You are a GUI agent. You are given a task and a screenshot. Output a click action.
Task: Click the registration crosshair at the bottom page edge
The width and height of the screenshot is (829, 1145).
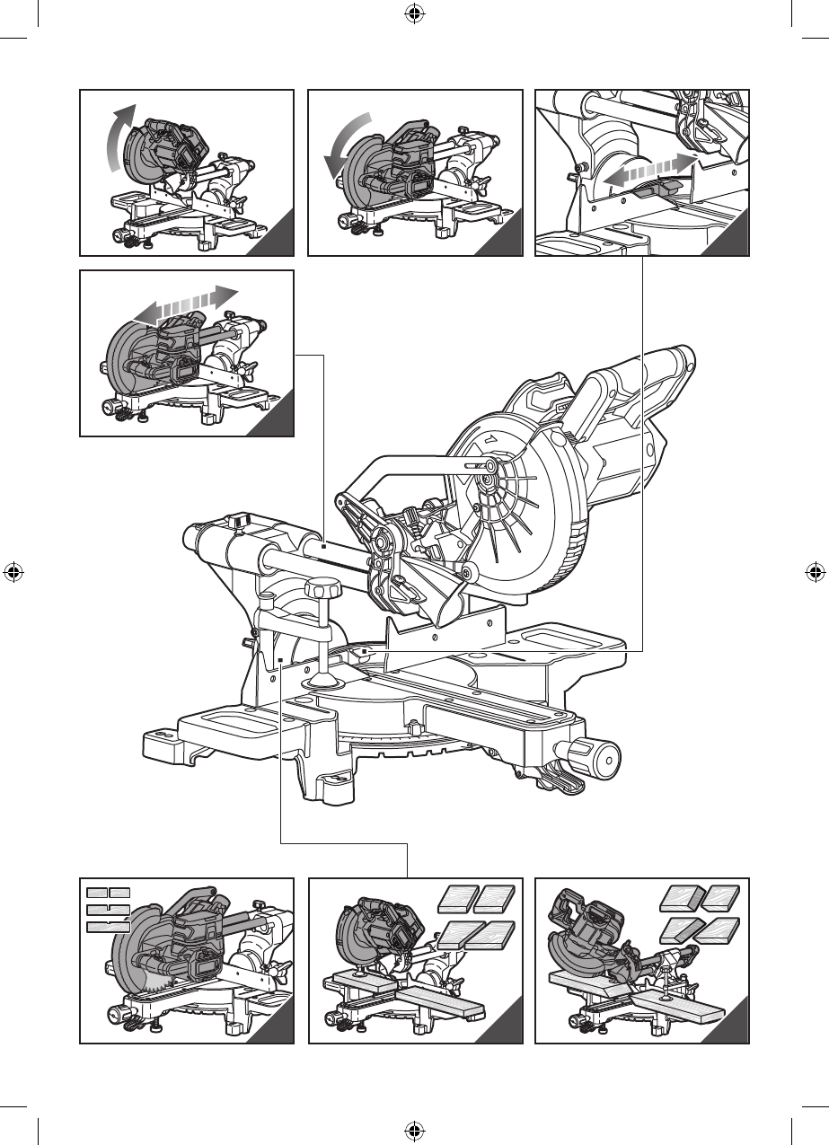point(414,1130)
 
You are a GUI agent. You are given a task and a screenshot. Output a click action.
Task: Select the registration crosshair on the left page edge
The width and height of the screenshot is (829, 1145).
point(13,572)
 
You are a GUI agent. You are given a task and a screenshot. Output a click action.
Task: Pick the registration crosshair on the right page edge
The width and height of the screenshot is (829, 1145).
point(816,572)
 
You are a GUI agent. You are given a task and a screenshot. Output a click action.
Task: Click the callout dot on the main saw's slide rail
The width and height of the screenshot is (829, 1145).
point(322,545)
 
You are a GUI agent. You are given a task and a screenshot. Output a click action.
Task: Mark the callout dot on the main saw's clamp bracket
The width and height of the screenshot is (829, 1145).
point(281,661)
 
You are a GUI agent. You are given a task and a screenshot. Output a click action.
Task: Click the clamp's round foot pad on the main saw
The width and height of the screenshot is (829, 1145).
point(320,681)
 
